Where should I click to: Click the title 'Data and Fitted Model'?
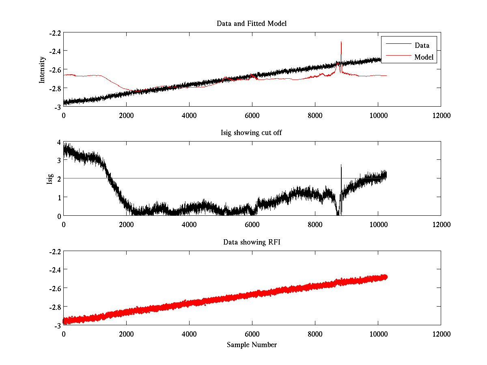click(252, 24)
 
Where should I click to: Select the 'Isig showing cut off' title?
click(252, 133)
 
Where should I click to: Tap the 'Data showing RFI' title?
click(252, 242)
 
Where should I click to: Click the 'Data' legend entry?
click(422, 45)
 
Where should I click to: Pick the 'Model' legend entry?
click(424, 57)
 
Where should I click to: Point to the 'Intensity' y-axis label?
click(42, 69)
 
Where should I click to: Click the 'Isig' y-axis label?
click(50, 179)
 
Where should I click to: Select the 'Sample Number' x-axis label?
click(252, 345)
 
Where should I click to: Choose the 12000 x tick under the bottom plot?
click(441, 334)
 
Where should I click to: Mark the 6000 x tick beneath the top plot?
click(252, 115)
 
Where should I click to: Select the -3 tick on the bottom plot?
click(57, 325)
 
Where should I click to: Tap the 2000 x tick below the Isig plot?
click(126, 224)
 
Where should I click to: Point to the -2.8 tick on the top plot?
click(55, 88)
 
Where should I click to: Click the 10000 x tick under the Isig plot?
click(378, 224)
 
